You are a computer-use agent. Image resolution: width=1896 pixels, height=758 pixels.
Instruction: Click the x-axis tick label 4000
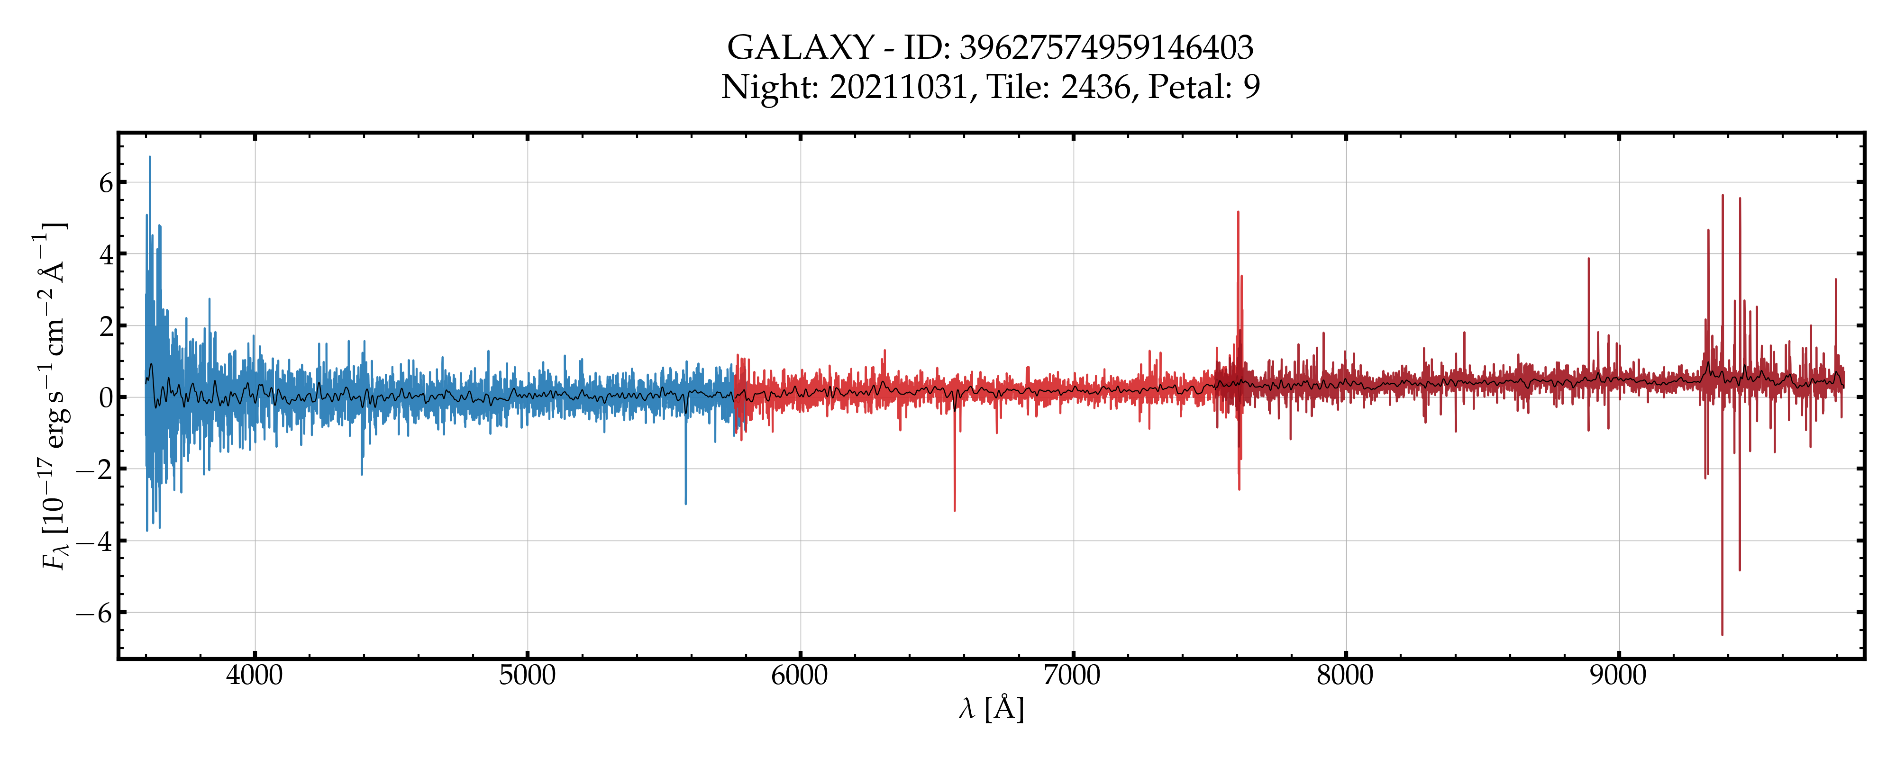[254, 675]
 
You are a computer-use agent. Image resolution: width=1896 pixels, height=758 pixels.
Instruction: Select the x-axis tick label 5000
[527, 675]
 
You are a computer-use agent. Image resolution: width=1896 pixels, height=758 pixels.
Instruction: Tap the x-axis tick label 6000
[800, 675]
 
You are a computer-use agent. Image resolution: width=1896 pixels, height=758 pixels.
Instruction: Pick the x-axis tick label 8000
[1346, 675]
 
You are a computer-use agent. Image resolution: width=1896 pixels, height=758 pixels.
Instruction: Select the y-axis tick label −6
[95, 613]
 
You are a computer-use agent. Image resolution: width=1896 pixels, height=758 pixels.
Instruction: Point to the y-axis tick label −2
[95, 469]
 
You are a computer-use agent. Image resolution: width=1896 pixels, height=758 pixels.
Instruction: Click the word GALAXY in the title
[800, 48]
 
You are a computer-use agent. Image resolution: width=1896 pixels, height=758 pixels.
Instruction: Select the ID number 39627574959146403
[1106, 48]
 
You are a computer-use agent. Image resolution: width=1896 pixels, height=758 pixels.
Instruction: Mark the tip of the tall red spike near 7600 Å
[1238, 212]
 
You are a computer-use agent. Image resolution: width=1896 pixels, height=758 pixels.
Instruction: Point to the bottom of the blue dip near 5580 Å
[686, 504]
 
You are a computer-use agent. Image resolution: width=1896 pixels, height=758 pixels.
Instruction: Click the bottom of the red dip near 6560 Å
[955, 511]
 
